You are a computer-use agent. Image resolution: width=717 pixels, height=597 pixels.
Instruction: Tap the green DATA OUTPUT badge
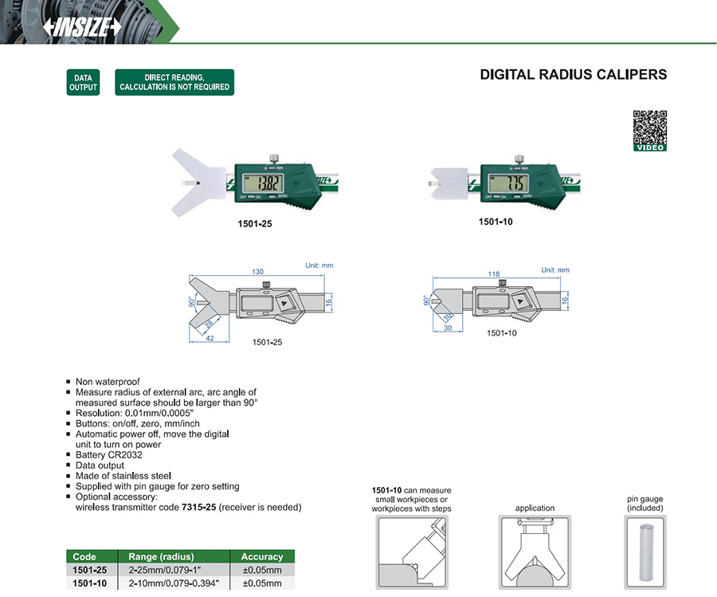click(x=83, y=82)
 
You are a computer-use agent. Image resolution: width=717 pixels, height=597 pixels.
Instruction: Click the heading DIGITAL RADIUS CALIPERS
click(x=574, y=75)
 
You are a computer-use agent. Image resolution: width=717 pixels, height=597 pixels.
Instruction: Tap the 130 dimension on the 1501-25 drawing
click(x=258, y=272)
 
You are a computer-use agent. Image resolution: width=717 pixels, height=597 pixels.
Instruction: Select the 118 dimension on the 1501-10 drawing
click(x=494, y=274)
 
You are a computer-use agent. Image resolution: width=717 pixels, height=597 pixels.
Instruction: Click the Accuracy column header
click(x=261, y=556)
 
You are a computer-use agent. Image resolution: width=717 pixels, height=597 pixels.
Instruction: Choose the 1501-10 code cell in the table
click(x=85, y=583)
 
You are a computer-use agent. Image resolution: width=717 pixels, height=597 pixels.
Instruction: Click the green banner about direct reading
click(x=174, y=82)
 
